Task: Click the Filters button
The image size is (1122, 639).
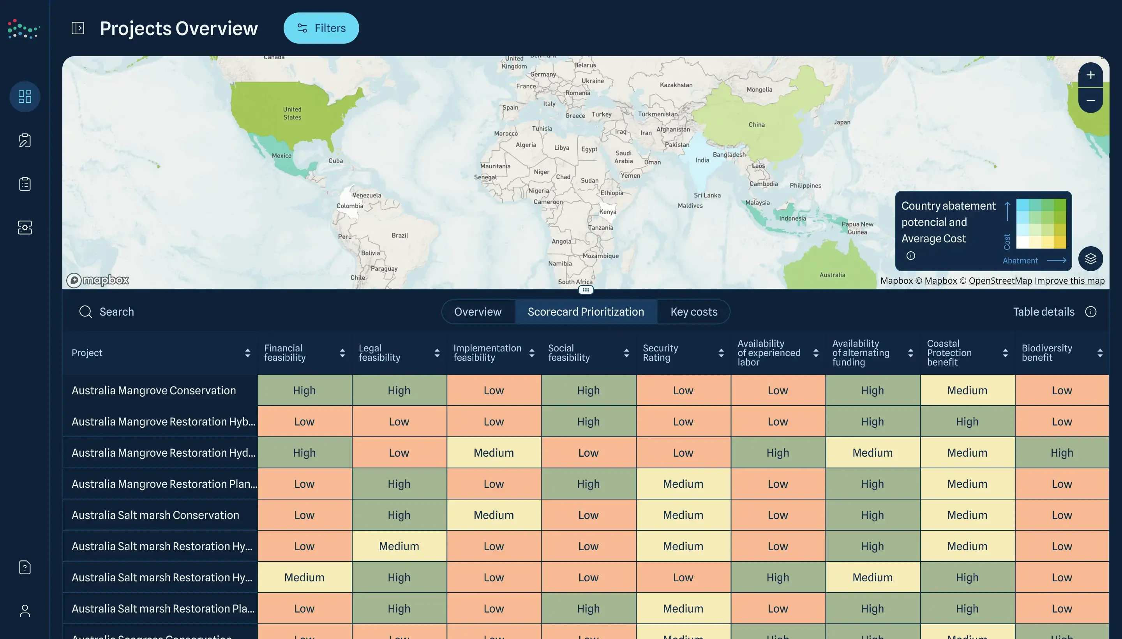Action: tap(321, 28)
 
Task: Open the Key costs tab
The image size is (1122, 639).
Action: tap(693, 312)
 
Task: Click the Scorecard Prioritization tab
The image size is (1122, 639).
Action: tap(586, 312)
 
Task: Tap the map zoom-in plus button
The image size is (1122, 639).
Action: tap(1090, 75)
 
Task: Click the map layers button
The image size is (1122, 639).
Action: tap(1090, 259)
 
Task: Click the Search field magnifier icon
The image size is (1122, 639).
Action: tap(86, 312)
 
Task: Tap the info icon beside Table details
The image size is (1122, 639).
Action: tap(1090, 312)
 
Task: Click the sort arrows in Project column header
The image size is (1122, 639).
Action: tap(247, 353)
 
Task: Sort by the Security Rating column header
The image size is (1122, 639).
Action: tap(660, 353)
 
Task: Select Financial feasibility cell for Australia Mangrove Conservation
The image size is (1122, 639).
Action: tap(304, 390)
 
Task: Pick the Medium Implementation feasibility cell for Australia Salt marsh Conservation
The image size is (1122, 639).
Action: tap(493, 515)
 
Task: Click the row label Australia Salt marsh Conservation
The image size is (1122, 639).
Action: tap(155, 515)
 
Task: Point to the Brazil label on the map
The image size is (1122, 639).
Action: tap(399, 236)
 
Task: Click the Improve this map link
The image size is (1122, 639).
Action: tap(1069, 281)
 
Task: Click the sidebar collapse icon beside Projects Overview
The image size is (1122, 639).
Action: tap(78, 28)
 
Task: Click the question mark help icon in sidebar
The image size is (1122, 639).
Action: tap(25, 567)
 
